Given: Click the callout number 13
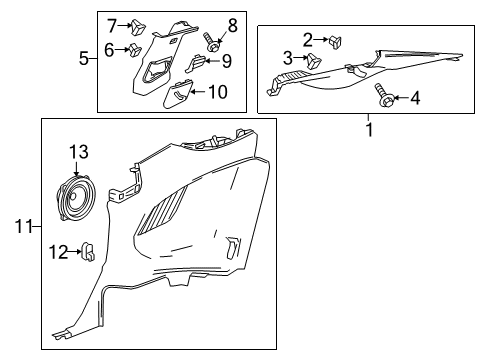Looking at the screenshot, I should [78, 151].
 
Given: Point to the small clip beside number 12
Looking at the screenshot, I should [87, 248].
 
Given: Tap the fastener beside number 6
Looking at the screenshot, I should [131, 50].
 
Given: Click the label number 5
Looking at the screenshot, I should [85, 58].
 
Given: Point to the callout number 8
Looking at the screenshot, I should [232, 23].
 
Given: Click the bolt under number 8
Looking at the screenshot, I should [212, 43].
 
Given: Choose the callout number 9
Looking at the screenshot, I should [226, 62].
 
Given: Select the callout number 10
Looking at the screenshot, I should [216, 92].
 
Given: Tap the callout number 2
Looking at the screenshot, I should [308, 39].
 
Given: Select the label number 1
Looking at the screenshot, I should [369, 130].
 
